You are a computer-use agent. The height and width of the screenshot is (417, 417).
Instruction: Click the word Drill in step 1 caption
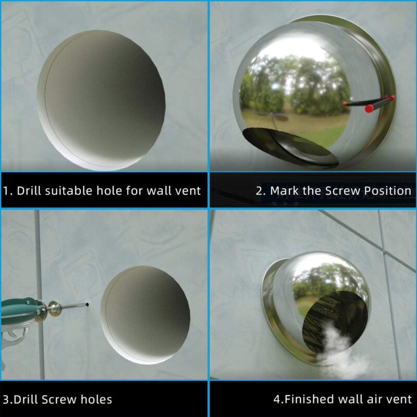pyautogui.click(x=29, y=191)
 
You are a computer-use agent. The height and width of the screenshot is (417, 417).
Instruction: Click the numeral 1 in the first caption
pyautogui.click(x=6, y=191)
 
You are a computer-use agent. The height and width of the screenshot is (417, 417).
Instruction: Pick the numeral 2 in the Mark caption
pyautogui.click(x=259, y=191)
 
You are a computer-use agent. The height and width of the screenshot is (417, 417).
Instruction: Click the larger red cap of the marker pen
pyautogui.click(x=369, y=108)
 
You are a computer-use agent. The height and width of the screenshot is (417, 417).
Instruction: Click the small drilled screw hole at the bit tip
pyautogui.click(x=87, y=304)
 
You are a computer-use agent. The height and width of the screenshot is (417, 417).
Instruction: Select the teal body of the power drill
pyautogui.click(x=19, y=310)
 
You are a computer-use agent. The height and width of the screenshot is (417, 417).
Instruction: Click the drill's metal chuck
pyautogui.click(x=55, y=308)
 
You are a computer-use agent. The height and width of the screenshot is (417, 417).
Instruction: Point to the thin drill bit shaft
pyautogui.click(x=73, y=306)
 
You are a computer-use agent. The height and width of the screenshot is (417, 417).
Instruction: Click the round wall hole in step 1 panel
pyautogui.click(x=101, y=101)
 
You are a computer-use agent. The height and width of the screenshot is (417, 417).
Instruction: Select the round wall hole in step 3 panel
pyautogui.click(x=145, y=315)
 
